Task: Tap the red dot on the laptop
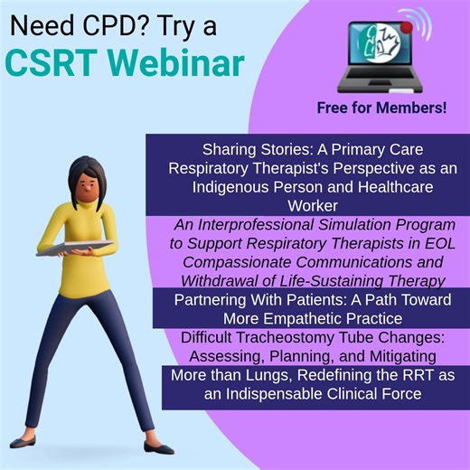407,28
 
